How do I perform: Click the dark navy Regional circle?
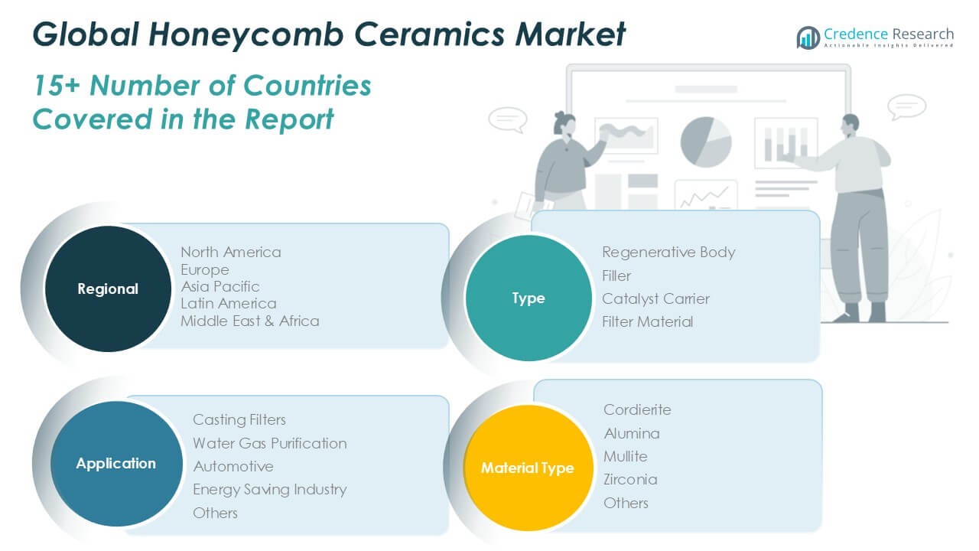coord(108,289)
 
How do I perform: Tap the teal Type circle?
coord(529,298)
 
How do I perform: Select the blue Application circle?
coord(115,463)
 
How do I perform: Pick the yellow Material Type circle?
coord(527,468)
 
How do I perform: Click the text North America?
coord(230,252)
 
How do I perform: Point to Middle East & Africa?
coord(249,321)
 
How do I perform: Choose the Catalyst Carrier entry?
coord(655,298)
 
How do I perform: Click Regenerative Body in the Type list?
coord(668,252)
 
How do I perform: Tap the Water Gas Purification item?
coord(269,443)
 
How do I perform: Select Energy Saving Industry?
coord(269,489)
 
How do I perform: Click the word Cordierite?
coord(637,409)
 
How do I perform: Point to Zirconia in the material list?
coord(630,479)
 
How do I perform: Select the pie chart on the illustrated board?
coord(705,141)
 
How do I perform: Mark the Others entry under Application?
coord(215,513)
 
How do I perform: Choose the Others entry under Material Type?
coord(626,503)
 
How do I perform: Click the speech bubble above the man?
coord(908,106)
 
